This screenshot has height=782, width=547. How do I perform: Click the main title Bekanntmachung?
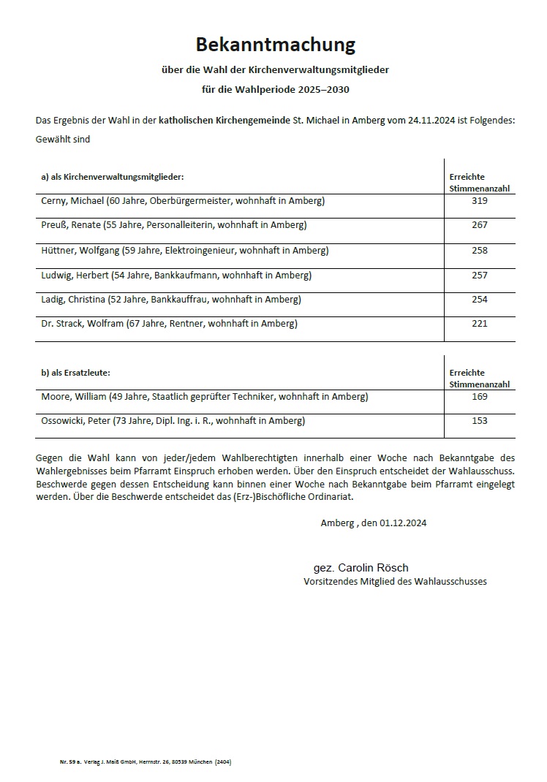[275, 45]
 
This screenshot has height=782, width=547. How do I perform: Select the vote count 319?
[480, 200]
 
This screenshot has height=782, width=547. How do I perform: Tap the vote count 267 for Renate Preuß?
[480, 225]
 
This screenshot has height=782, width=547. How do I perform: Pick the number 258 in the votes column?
[480, 250]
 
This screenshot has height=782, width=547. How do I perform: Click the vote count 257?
[480, 276]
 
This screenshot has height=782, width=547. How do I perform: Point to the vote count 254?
[480, 300]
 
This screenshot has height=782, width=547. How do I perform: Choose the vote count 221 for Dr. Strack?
[480, 324]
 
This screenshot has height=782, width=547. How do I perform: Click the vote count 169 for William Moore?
[480, 397]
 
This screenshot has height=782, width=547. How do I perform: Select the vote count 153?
[480, 421]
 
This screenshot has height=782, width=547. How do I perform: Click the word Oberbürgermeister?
[192, 200]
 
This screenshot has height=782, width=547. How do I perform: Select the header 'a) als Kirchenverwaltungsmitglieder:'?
[112, 177]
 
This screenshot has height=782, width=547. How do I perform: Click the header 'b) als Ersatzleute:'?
[75, 373]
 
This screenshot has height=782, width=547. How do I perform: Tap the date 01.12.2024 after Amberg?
[403, 523]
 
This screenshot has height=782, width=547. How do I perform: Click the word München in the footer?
[199, 762]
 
